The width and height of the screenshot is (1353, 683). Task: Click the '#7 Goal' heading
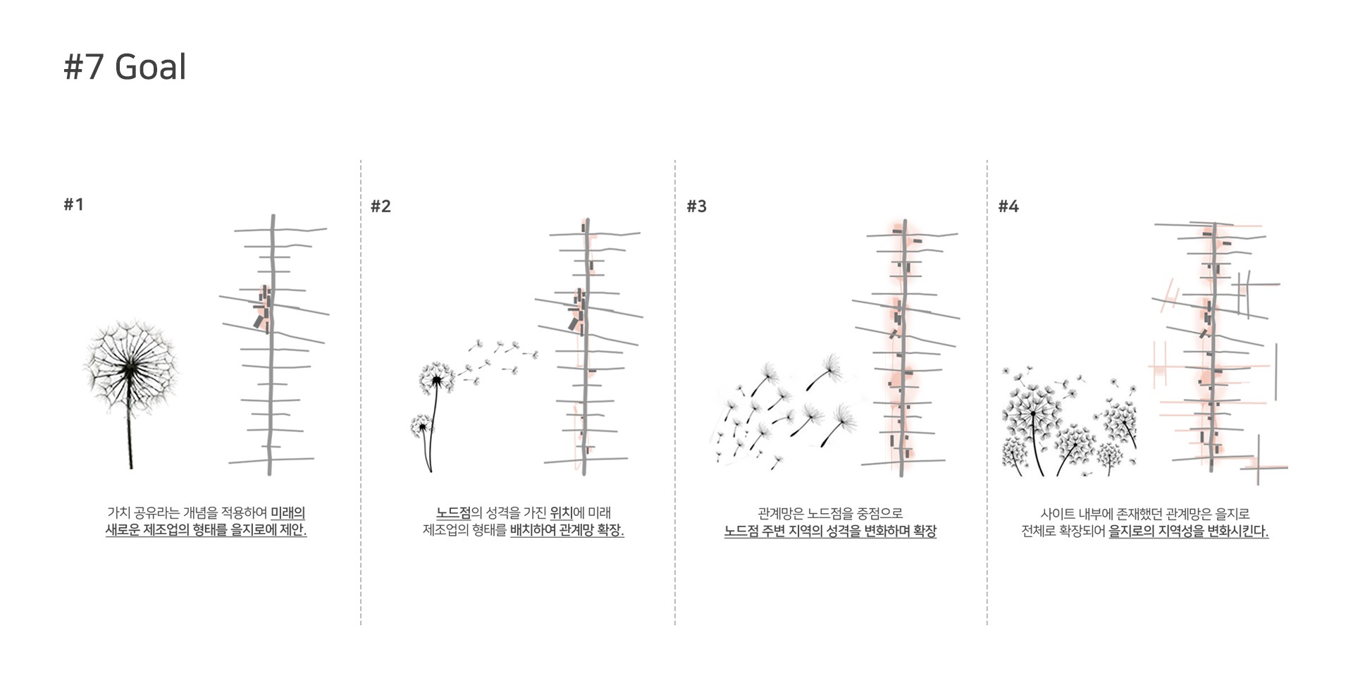pos(125,67)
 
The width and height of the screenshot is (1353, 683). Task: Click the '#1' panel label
pos(73,204)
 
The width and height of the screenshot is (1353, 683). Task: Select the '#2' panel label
pos(381,207)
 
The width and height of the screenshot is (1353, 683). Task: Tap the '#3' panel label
pos(696,207)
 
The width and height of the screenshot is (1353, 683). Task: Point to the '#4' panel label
pos(1008,207)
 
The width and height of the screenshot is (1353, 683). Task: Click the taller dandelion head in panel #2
pos(436,379)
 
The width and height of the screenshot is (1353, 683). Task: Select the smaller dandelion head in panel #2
pos(421,426)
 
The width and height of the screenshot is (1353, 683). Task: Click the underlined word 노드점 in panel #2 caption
pos(453,513)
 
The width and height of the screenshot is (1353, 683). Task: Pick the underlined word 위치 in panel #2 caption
pos(562,513)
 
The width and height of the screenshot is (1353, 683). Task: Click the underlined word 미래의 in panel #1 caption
pos(288,513)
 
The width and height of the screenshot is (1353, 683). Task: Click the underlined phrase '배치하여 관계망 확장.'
pos(567,530)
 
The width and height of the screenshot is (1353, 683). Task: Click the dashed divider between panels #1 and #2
pos(361,393)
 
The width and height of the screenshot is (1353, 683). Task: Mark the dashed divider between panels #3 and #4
pos(987,393)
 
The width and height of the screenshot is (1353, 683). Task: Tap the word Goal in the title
pos(150,67)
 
